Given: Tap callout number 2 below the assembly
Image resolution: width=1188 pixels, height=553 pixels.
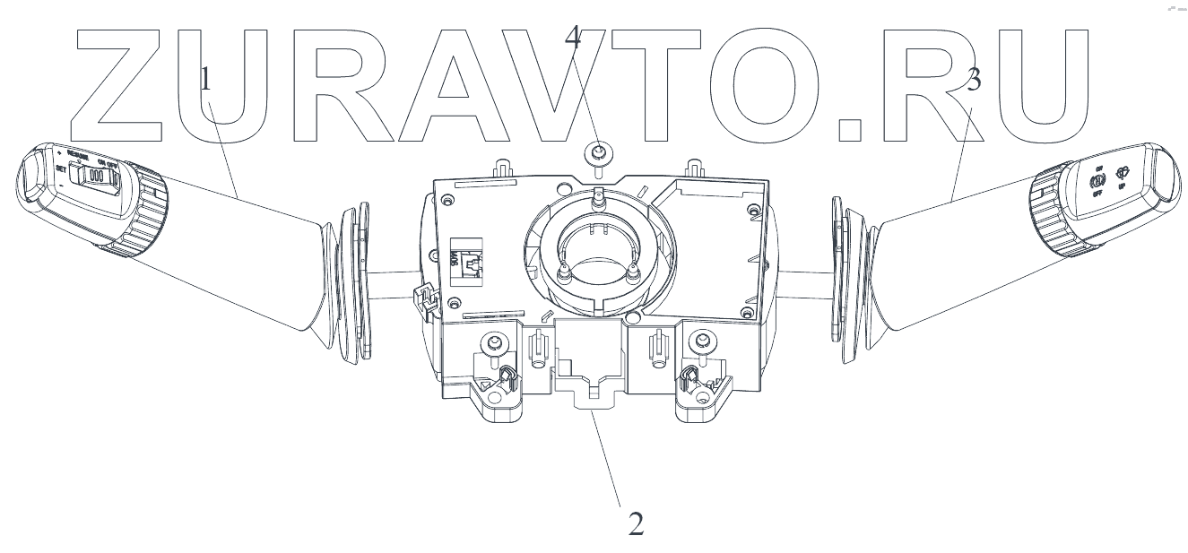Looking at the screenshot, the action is [635, 523].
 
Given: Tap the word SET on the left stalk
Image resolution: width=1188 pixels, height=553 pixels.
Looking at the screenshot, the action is [60, 168].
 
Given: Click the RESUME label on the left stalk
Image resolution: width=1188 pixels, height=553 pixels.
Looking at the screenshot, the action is [83, 155].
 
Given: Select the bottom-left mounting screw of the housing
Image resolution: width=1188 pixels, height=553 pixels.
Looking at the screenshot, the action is [490, 342].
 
